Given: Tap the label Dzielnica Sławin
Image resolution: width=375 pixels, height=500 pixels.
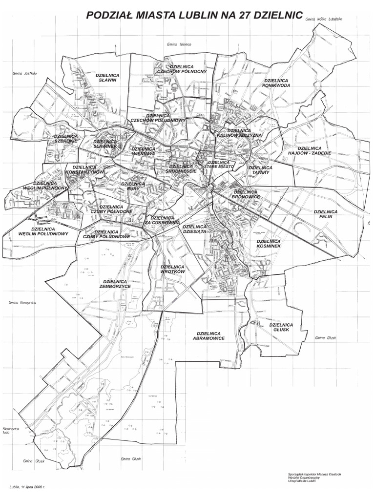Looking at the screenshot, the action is click(x=107, y=78).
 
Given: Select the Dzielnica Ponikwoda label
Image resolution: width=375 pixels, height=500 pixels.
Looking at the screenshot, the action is click(x=276, y=83).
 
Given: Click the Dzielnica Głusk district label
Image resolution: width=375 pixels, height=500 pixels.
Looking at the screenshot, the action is click(x=280, y=327).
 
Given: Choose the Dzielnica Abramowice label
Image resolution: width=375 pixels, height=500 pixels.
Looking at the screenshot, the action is click(x=208, y=335).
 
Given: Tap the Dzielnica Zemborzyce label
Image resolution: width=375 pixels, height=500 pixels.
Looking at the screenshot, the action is click(x=116, y=284).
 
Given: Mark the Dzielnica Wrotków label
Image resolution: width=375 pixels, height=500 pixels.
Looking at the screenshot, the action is click(x=172, y=269).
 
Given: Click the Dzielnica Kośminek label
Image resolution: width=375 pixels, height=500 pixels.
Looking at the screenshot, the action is click(x=268, y=244).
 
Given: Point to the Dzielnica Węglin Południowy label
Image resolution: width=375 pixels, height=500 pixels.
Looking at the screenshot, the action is click(x=43, y=231).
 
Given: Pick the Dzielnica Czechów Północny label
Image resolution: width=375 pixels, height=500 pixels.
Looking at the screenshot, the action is click(x=183, y=68).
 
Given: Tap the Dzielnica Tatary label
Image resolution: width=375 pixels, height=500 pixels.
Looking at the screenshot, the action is click(x=260, y=170).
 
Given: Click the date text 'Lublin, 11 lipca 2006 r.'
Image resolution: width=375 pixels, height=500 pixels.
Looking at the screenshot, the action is click(x=30, y=487).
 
